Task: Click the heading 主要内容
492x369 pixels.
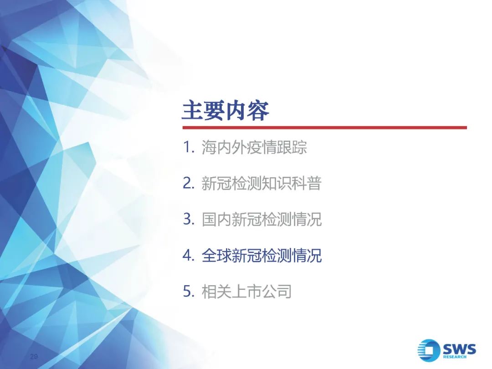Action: click(225, 110)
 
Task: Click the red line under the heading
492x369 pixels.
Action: click(325, 128)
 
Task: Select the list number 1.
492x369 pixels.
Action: click(189, 147)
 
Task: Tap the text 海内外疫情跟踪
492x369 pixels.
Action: click(254, 147)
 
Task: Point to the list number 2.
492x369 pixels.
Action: click(189, 183)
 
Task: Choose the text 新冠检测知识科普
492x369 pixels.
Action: click(261, 183)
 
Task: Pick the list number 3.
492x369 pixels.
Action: click(189, 219)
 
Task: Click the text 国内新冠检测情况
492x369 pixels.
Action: click(261, 219)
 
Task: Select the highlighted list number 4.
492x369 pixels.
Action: click(189, 255)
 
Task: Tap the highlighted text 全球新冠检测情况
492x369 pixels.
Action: click(261, 256)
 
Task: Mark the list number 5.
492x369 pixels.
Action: click(189, 291)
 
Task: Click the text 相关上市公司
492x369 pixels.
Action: click(246, 292)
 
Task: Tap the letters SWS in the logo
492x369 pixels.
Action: click(459, 348)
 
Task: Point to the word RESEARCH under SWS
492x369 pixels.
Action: click(455, 357)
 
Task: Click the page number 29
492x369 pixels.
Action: click(34, 356)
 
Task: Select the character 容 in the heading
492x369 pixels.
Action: click(259, 110)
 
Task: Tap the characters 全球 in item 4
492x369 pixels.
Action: click(216, 256)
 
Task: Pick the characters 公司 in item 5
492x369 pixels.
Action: click(277, 292)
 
